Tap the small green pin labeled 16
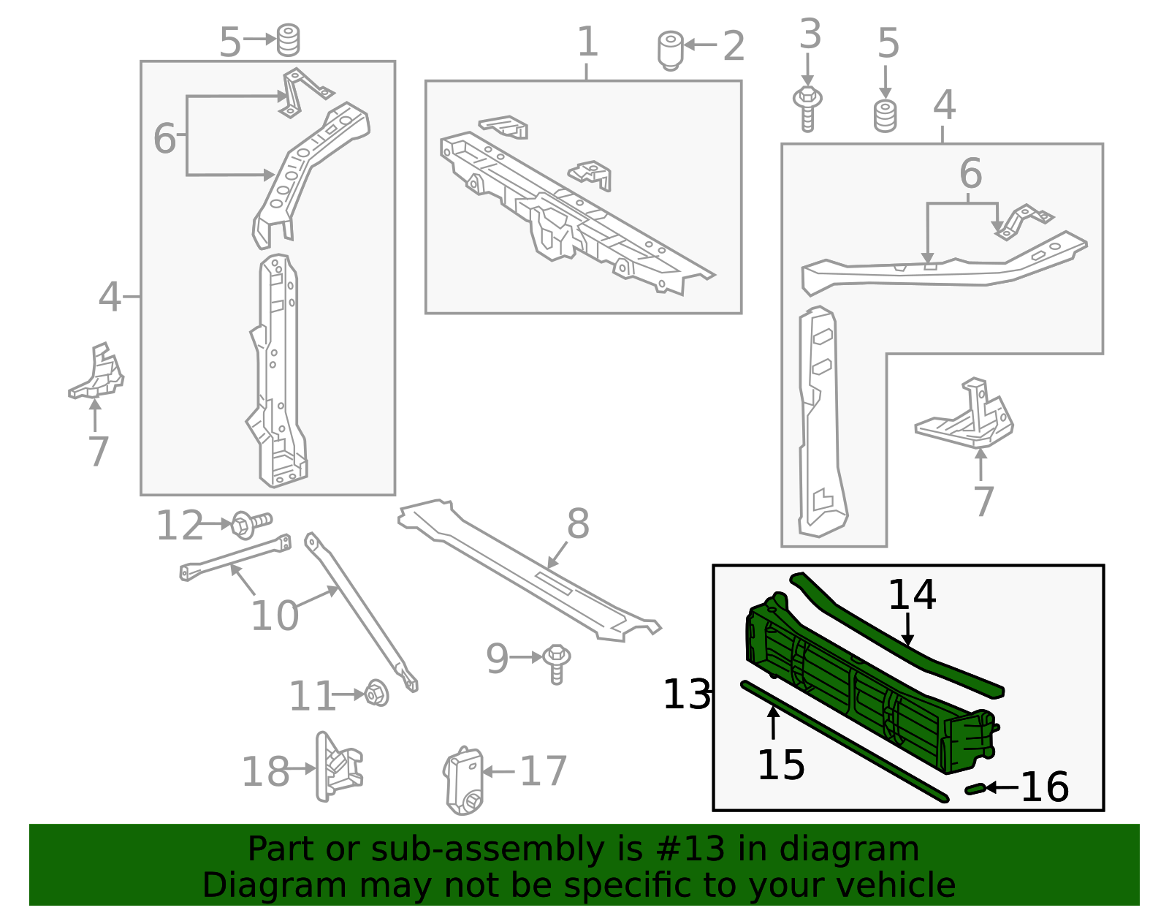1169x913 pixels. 975,789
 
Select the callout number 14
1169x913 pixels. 911,595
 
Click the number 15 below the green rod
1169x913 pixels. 780,765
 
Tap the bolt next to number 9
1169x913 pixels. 557,662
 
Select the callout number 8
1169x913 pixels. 578,524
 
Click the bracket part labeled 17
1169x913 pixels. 463,781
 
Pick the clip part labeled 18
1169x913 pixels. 337,767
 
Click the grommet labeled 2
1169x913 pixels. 670,49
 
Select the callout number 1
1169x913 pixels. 587,42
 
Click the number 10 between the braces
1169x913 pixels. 274,615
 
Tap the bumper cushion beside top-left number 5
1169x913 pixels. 289,40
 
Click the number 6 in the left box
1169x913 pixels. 164,137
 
